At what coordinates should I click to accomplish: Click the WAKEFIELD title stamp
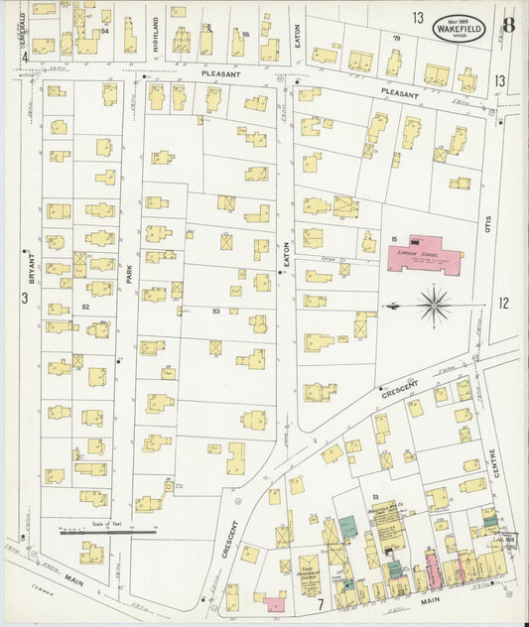[460, 30]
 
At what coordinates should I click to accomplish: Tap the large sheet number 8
[507, 25]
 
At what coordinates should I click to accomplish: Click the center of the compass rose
[434, 305]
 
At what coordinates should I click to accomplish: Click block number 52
[86, 309]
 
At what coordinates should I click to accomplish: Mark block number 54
[104, 31]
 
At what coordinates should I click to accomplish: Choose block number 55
[244, 34]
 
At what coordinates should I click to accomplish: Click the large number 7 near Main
[320, 602]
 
